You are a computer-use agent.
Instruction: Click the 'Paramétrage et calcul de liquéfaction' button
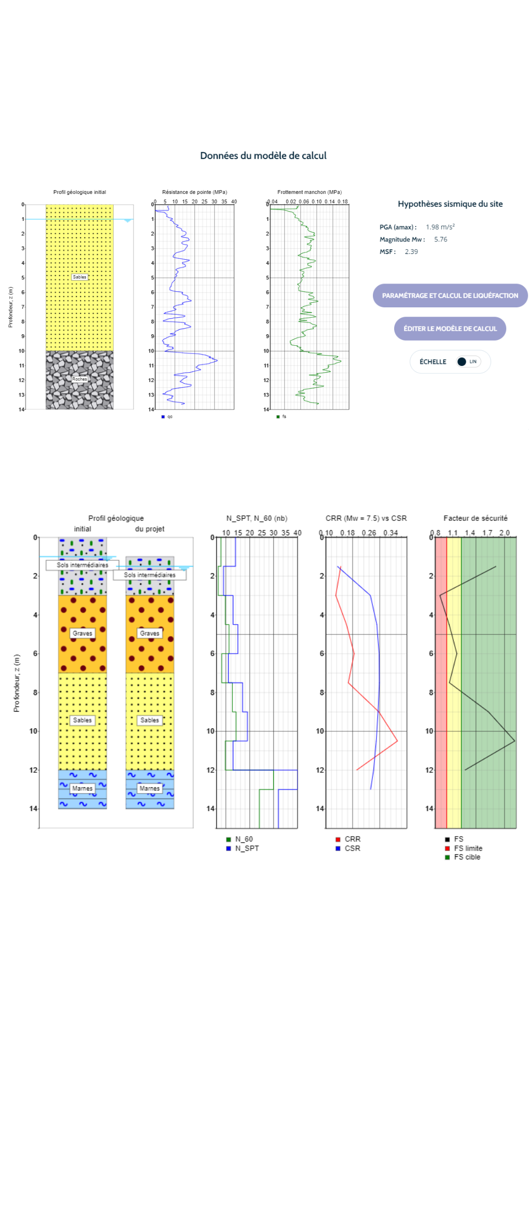(450, 295)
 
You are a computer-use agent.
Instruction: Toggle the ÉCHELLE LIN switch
(468, 362)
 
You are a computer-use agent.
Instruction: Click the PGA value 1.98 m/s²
(440, 227)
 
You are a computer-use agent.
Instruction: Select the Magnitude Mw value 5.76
(440, 239)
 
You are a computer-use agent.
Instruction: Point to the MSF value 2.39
(411, 252)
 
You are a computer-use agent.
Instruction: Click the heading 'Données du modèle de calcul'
(263, 155)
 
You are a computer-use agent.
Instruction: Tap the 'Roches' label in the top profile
(79, 379)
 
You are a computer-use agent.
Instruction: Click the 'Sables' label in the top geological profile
(79, 277)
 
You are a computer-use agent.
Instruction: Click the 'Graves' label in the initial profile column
(82, 633)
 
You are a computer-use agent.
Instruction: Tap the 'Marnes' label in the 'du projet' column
(149, 788)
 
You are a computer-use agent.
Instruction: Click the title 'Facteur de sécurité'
(475, 518)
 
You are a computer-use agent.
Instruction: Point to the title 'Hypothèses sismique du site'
(450, 204)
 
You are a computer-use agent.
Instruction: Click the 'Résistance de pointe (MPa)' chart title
(194, 192)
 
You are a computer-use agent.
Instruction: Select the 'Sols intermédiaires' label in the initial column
(82, 565)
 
